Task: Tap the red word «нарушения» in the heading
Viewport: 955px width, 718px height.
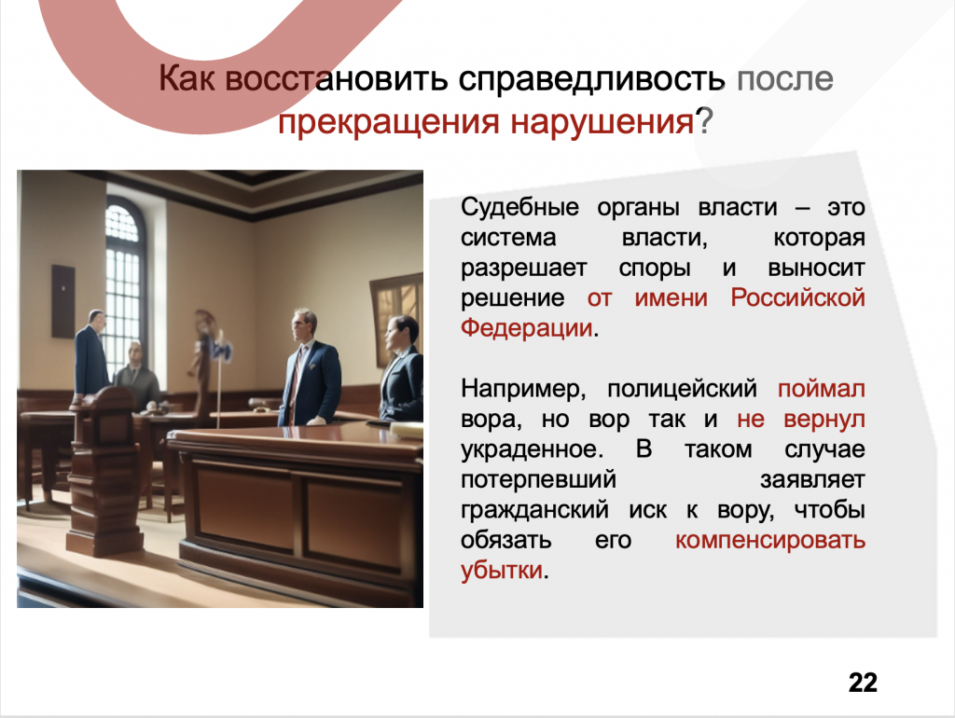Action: tap(602, 121)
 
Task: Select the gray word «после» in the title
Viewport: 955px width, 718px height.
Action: tap(785, 78)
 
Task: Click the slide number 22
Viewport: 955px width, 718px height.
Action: tap(863, 683)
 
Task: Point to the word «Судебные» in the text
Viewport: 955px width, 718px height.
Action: tap(519, 207)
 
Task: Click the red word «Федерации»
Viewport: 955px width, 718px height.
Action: tap(527, 327)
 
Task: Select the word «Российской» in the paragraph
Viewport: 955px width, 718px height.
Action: tap(798, 297)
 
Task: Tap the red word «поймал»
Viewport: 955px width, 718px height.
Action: tap(821, 389)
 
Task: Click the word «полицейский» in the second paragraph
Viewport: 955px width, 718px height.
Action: tap(682, 389)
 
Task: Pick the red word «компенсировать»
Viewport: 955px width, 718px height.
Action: tap(770, 540)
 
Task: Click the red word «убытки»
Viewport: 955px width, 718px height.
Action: tap(502, 570)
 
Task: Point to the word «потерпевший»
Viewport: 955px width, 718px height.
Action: tap(538, 479)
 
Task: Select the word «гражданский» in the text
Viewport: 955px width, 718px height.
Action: tap(534, 510)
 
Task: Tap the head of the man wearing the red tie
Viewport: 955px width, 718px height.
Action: tap(303, 324)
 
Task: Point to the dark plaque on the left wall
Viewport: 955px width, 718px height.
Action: tap(62, 301)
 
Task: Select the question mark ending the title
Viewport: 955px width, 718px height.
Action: tap(703, 121)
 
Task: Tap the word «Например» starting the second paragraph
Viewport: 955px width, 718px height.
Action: tap(523, 389)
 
